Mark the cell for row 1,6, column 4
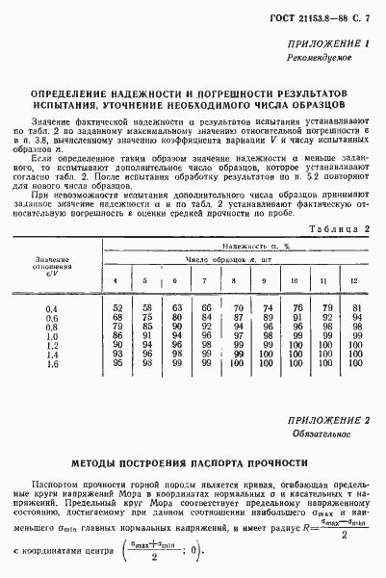(117, 364)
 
